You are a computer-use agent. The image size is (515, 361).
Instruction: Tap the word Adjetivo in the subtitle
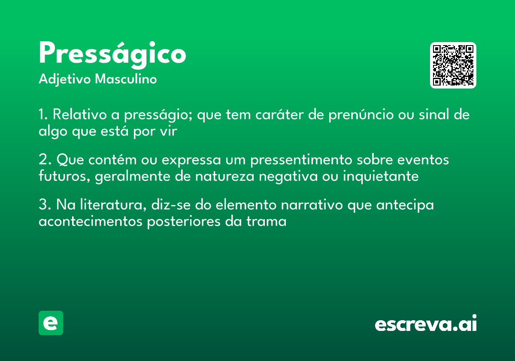[64, 80]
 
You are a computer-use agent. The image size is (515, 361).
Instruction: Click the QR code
[453, 65]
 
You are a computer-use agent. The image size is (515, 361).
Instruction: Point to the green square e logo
[51, 323]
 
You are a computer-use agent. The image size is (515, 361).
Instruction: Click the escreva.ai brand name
[426, 324]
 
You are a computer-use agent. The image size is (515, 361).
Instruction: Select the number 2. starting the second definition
[45, 160]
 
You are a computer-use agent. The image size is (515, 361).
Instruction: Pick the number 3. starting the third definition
[45, 205]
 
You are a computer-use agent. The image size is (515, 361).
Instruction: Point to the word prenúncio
[364, 115]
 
